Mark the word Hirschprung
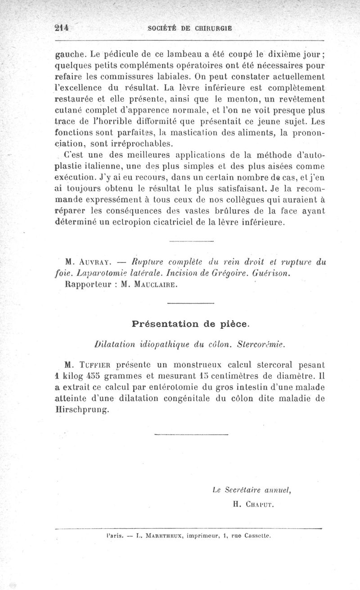pos(81,410)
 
